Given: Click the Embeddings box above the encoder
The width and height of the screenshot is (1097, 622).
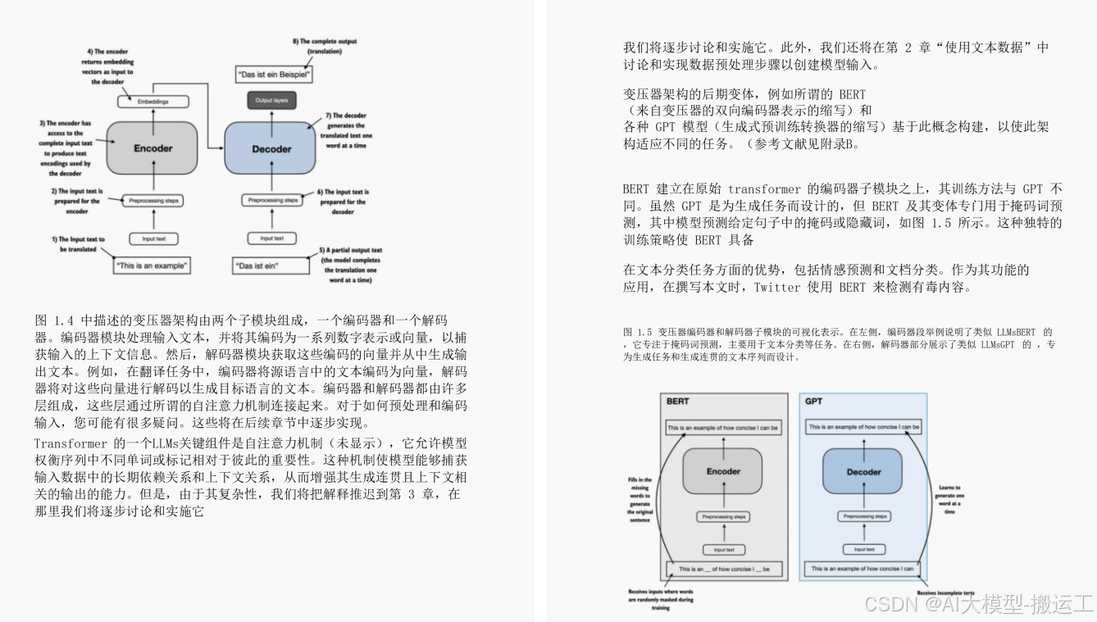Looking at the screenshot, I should (x=153, y=102).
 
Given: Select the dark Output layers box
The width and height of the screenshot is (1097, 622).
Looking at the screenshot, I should (x=271, y=100).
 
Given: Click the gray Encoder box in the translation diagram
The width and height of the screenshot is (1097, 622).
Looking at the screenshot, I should (x=153, y=148).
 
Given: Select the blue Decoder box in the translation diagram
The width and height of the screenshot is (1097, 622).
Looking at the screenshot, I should (x=271, y=149).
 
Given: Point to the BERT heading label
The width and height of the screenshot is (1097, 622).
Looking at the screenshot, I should (x=677, y=402).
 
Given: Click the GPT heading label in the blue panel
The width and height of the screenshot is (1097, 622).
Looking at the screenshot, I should (x=813, y=402).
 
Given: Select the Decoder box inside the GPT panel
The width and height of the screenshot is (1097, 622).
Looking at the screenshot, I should (x=863, y=472).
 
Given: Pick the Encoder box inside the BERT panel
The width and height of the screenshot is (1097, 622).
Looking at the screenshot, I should (x=723, y=472).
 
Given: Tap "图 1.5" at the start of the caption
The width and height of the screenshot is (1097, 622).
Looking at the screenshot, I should (x=637, y=332).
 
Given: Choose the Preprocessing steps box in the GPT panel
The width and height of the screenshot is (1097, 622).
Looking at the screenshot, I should (x=864, y=516).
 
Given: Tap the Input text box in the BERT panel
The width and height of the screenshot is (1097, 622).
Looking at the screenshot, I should (x=723, y=549).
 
